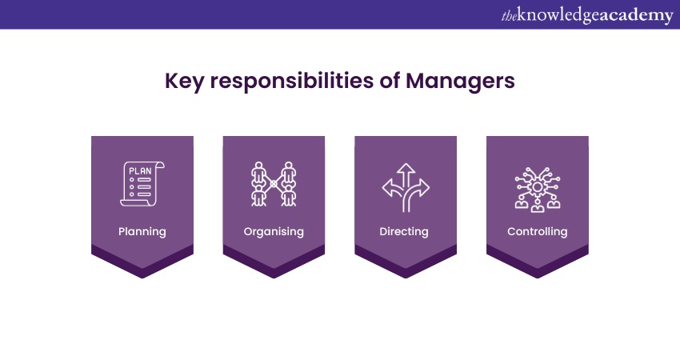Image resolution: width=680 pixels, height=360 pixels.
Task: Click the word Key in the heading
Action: pos(184,81)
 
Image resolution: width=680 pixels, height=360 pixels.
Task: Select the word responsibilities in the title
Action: pos(291,81)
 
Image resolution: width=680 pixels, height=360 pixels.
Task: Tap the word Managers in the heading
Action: pos(460,81)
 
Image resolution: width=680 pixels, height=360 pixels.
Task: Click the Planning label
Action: pos(142,232)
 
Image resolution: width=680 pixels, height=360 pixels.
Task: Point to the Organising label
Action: pos(274,232)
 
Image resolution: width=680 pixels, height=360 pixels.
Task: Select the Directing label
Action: pos(404,232)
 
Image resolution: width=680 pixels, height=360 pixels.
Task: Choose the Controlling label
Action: pos(538,232)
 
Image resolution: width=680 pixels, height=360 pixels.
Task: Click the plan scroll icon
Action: pos(142,184)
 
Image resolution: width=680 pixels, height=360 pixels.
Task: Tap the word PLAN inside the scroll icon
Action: pos(140,171)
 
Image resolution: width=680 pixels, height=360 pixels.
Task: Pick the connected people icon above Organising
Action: pos(274,184)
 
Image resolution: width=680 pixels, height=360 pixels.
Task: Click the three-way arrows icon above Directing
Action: pos(406,187)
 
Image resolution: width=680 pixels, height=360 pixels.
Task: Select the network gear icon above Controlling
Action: pos(538,190)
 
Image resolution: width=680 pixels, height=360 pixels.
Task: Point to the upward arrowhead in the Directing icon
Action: pos(406,168)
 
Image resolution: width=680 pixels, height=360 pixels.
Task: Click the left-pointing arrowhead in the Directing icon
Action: pos(387,188)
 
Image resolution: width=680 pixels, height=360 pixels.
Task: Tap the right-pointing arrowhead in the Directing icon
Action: pos(424,188)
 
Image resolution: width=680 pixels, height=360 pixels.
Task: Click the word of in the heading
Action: pos(390,81)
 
